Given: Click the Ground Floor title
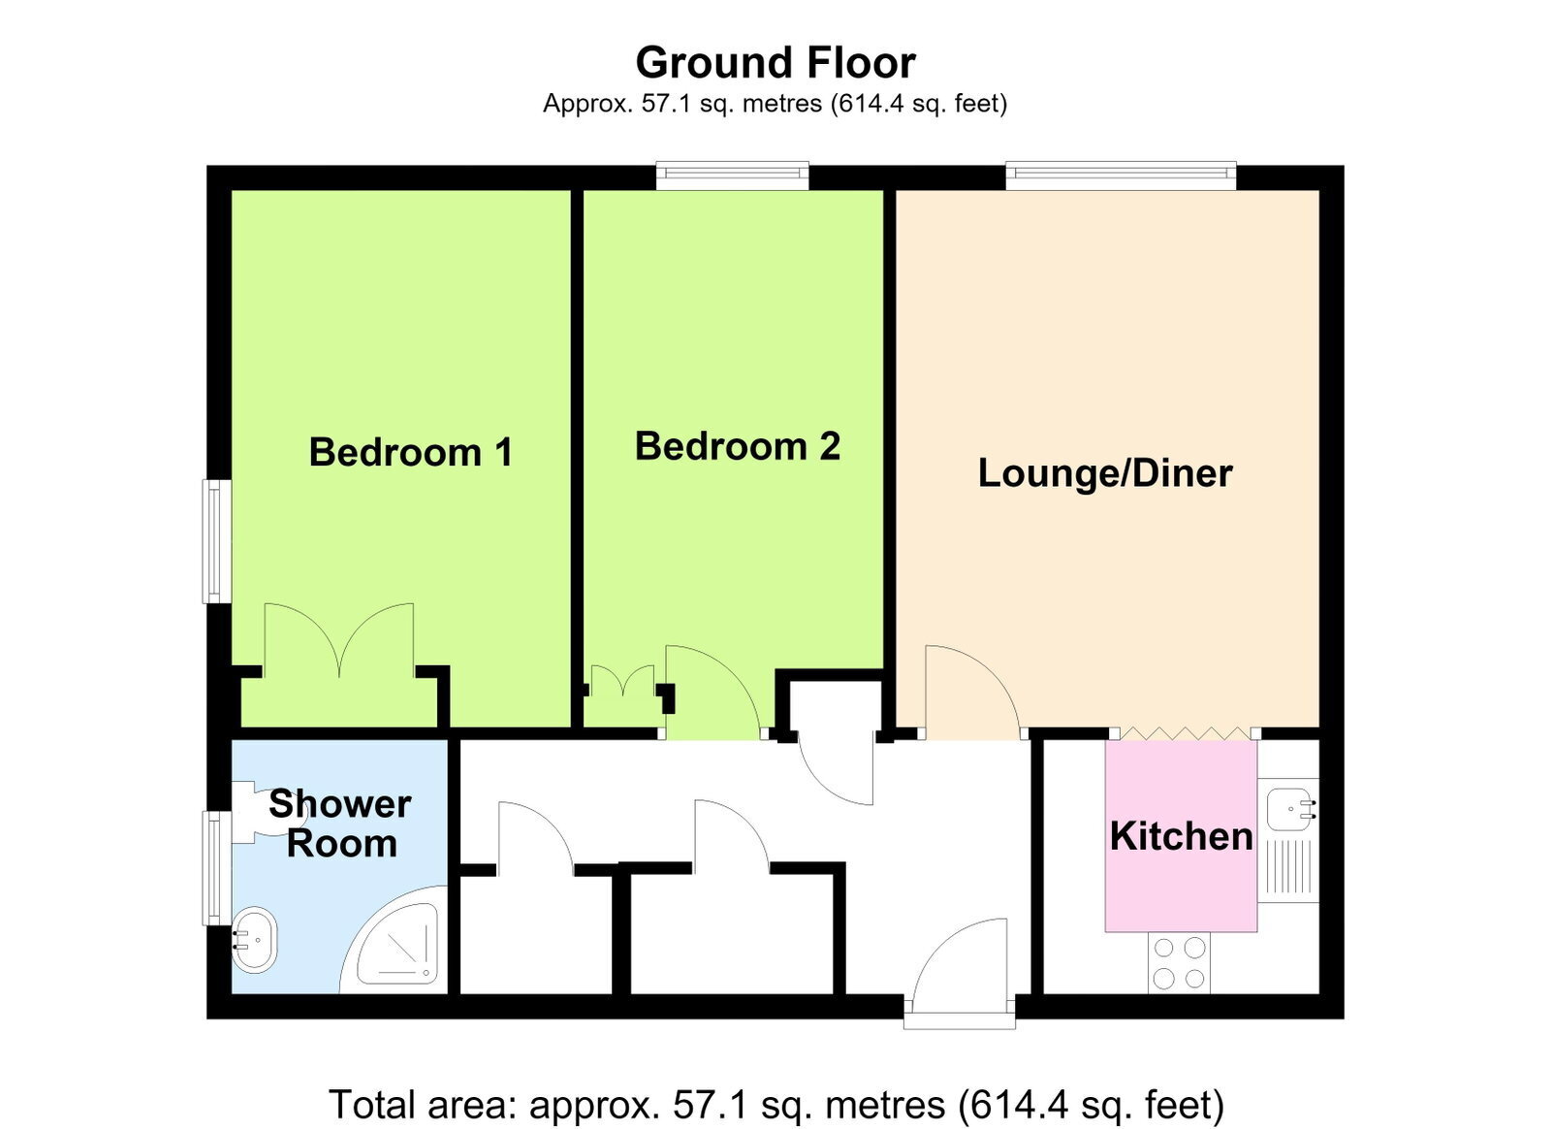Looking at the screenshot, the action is [x=775, y=63].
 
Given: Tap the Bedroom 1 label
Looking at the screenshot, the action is [x=411, y=452].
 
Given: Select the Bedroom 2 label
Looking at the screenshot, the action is [x=738, y=446].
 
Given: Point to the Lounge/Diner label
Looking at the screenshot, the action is [x=1105, y=473].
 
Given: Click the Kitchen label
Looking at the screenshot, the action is [x=1182, y=836].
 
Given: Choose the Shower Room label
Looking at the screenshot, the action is [x=340, y=823].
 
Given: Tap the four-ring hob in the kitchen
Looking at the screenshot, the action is [x=1179, y=963].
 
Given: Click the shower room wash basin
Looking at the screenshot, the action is [x=254, y=939].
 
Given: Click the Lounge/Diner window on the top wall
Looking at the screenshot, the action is [x=1121, y=176].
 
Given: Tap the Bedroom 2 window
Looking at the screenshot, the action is [x=733, y=176].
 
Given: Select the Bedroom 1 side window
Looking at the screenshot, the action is [x=217, y=541].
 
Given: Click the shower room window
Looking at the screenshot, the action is [x=217, y=868].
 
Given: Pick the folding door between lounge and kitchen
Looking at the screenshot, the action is [x=1185, y=733].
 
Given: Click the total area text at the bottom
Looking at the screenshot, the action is [x=776, y=1105].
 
